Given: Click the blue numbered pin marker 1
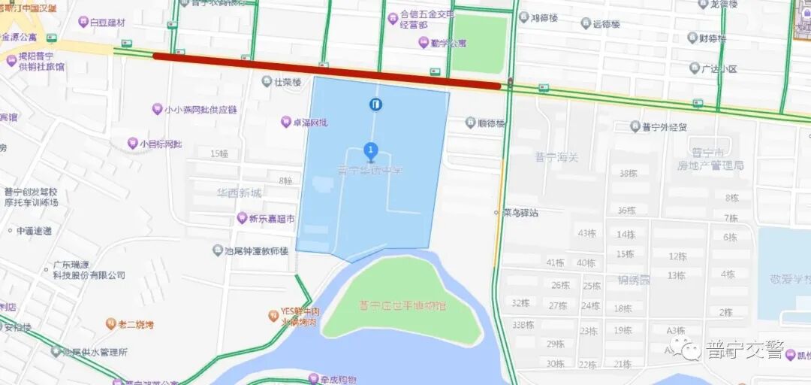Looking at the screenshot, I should coord(369,150).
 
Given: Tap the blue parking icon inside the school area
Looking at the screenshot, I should coord(375,105).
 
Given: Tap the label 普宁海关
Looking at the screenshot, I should coord(556,156).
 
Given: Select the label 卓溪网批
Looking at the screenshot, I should coord(309,122).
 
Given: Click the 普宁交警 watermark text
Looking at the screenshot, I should coord(744,350).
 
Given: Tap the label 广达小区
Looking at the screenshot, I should coord(719,69).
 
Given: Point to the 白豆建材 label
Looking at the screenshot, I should coord(107,23).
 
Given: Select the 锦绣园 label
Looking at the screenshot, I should coord(634,280).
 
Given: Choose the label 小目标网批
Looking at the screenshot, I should coord(160,144).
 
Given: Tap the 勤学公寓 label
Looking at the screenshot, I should coord(447,42).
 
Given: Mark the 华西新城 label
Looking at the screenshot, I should coord(239,193).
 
